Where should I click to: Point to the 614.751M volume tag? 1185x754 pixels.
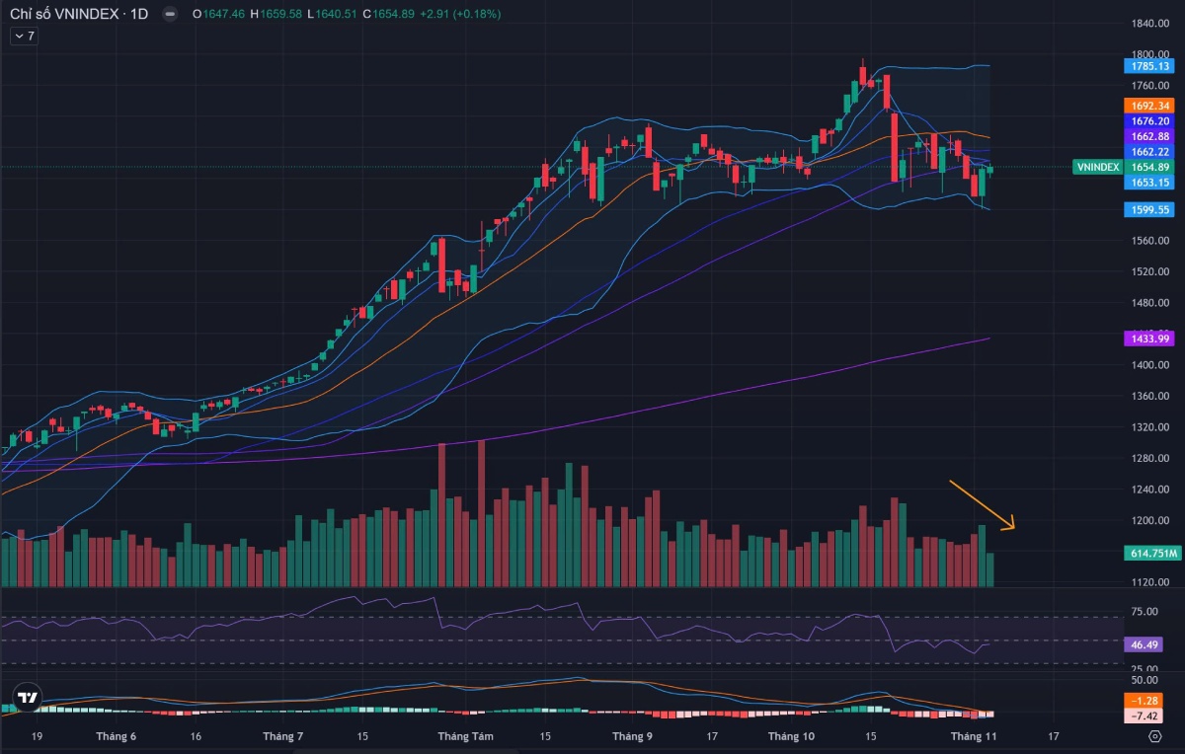point(1152,554)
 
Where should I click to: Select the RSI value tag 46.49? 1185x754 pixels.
point(1145,644)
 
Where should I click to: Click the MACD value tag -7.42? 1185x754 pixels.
point(1145,716)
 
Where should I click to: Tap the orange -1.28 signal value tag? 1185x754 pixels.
point(1145,701)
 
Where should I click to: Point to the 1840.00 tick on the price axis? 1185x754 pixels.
point(1150,24)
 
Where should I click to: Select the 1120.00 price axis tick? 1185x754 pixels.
point(1150,582)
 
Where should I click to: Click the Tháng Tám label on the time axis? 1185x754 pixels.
point(465,736)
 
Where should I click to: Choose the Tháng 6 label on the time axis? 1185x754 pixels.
point(117,736)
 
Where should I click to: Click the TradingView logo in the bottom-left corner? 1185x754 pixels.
point(28,699)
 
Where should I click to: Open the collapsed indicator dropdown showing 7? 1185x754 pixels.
point(23,36)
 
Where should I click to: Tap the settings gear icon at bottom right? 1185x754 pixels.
point(1154,736)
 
